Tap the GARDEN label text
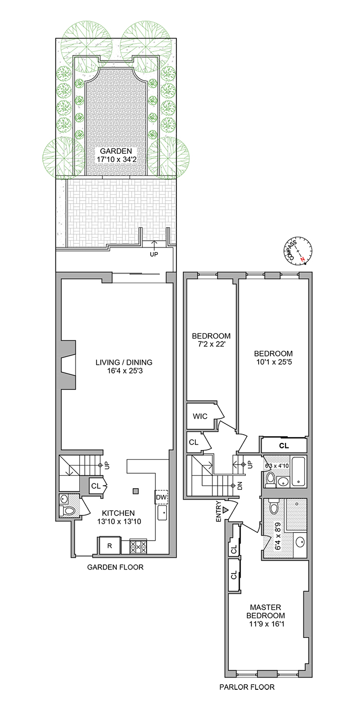(116, 151)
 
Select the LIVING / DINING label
(124, 362)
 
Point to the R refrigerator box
(110, 546)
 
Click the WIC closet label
(201, 416)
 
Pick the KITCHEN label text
(118, 513)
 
